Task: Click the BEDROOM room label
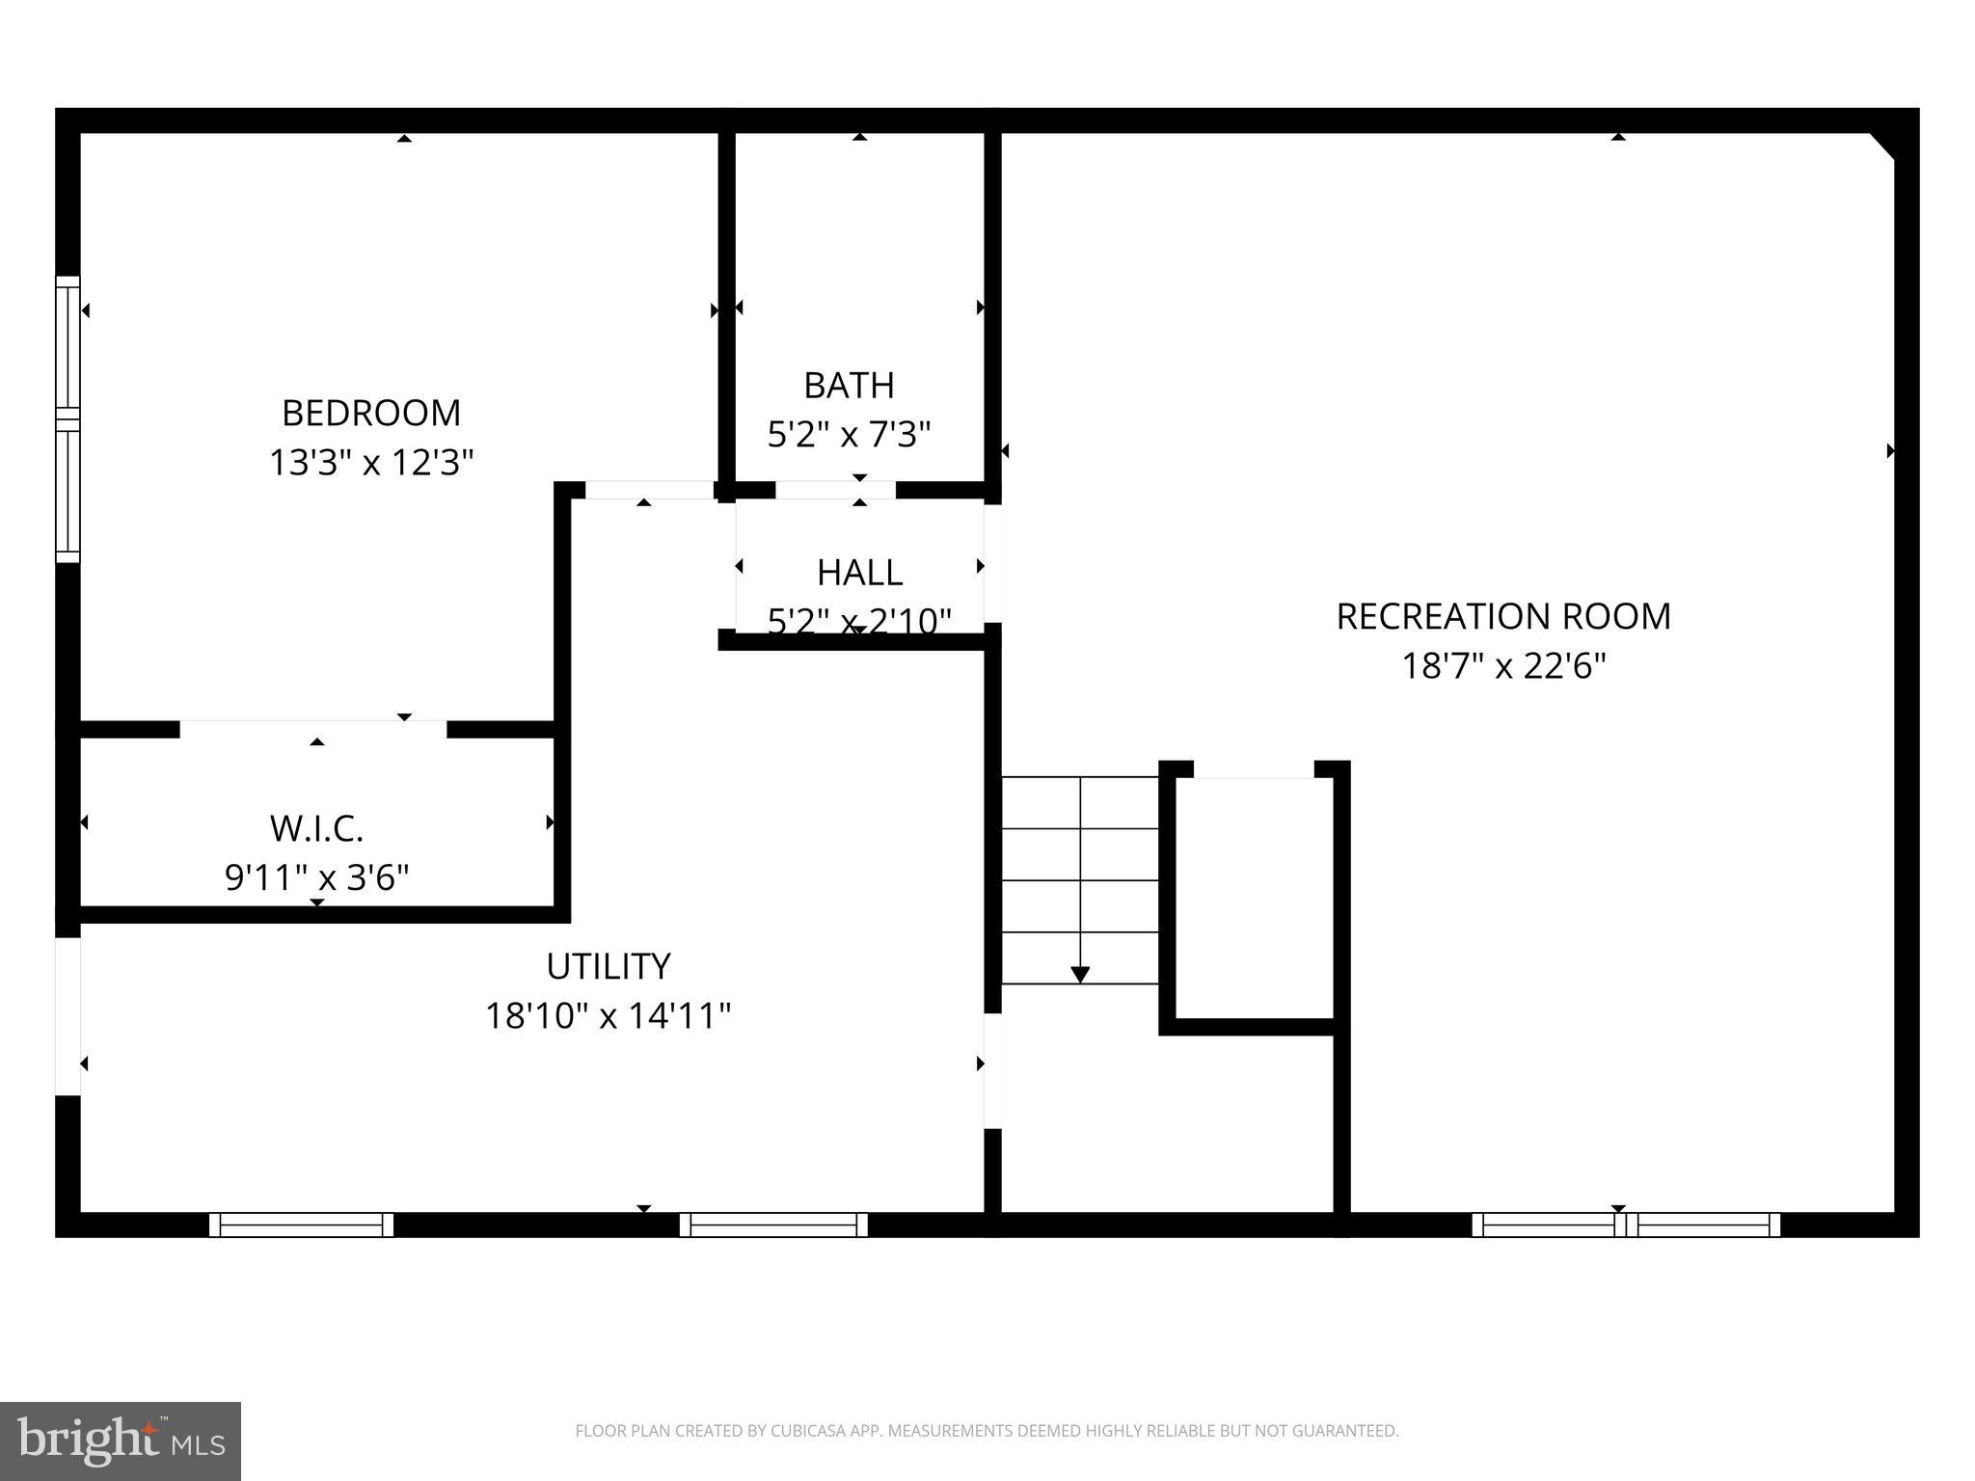[371, 413]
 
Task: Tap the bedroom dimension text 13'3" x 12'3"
[371, 463]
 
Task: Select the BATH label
[849, 386]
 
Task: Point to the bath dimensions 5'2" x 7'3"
[849, 435]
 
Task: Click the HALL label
[859, 573]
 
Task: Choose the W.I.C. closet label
[316, 828]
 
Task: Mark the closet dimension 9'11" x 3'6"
[316, 877]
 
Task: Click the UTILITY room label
[608, 966]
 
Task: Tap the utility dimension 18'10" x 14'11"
[608, 1015]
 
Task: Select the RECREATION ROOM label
[1502, 616]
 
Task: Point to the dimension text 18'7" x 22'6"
[1502, 666]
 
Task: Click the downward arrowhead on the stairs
[1080, 975]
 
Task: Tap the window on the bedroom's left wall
[68, 419]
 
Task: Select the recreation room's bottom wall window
[1626, 1225]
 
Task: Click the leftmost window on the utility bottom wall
[301, 1225]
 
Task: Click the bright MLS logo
[121, 1441]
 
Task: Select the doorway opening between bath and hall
[835, 490]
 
